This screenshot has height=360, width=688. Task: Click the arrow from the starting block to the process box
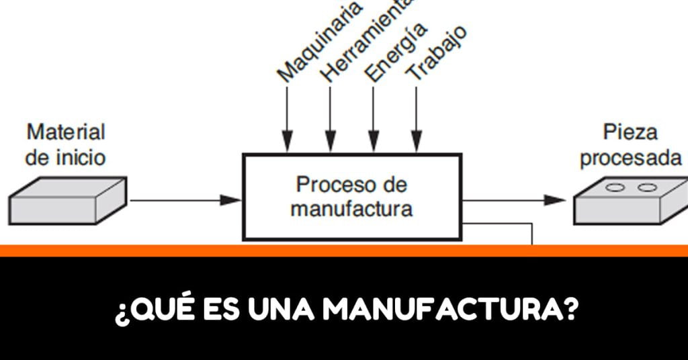185,199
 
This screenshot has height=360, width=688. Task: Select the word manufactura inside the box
351,208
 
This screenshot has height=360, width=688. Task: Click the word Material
66,132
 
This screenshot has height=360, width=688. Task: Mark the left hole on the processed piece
614,188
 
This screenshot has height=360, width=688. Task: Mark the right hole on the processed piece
646,188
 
